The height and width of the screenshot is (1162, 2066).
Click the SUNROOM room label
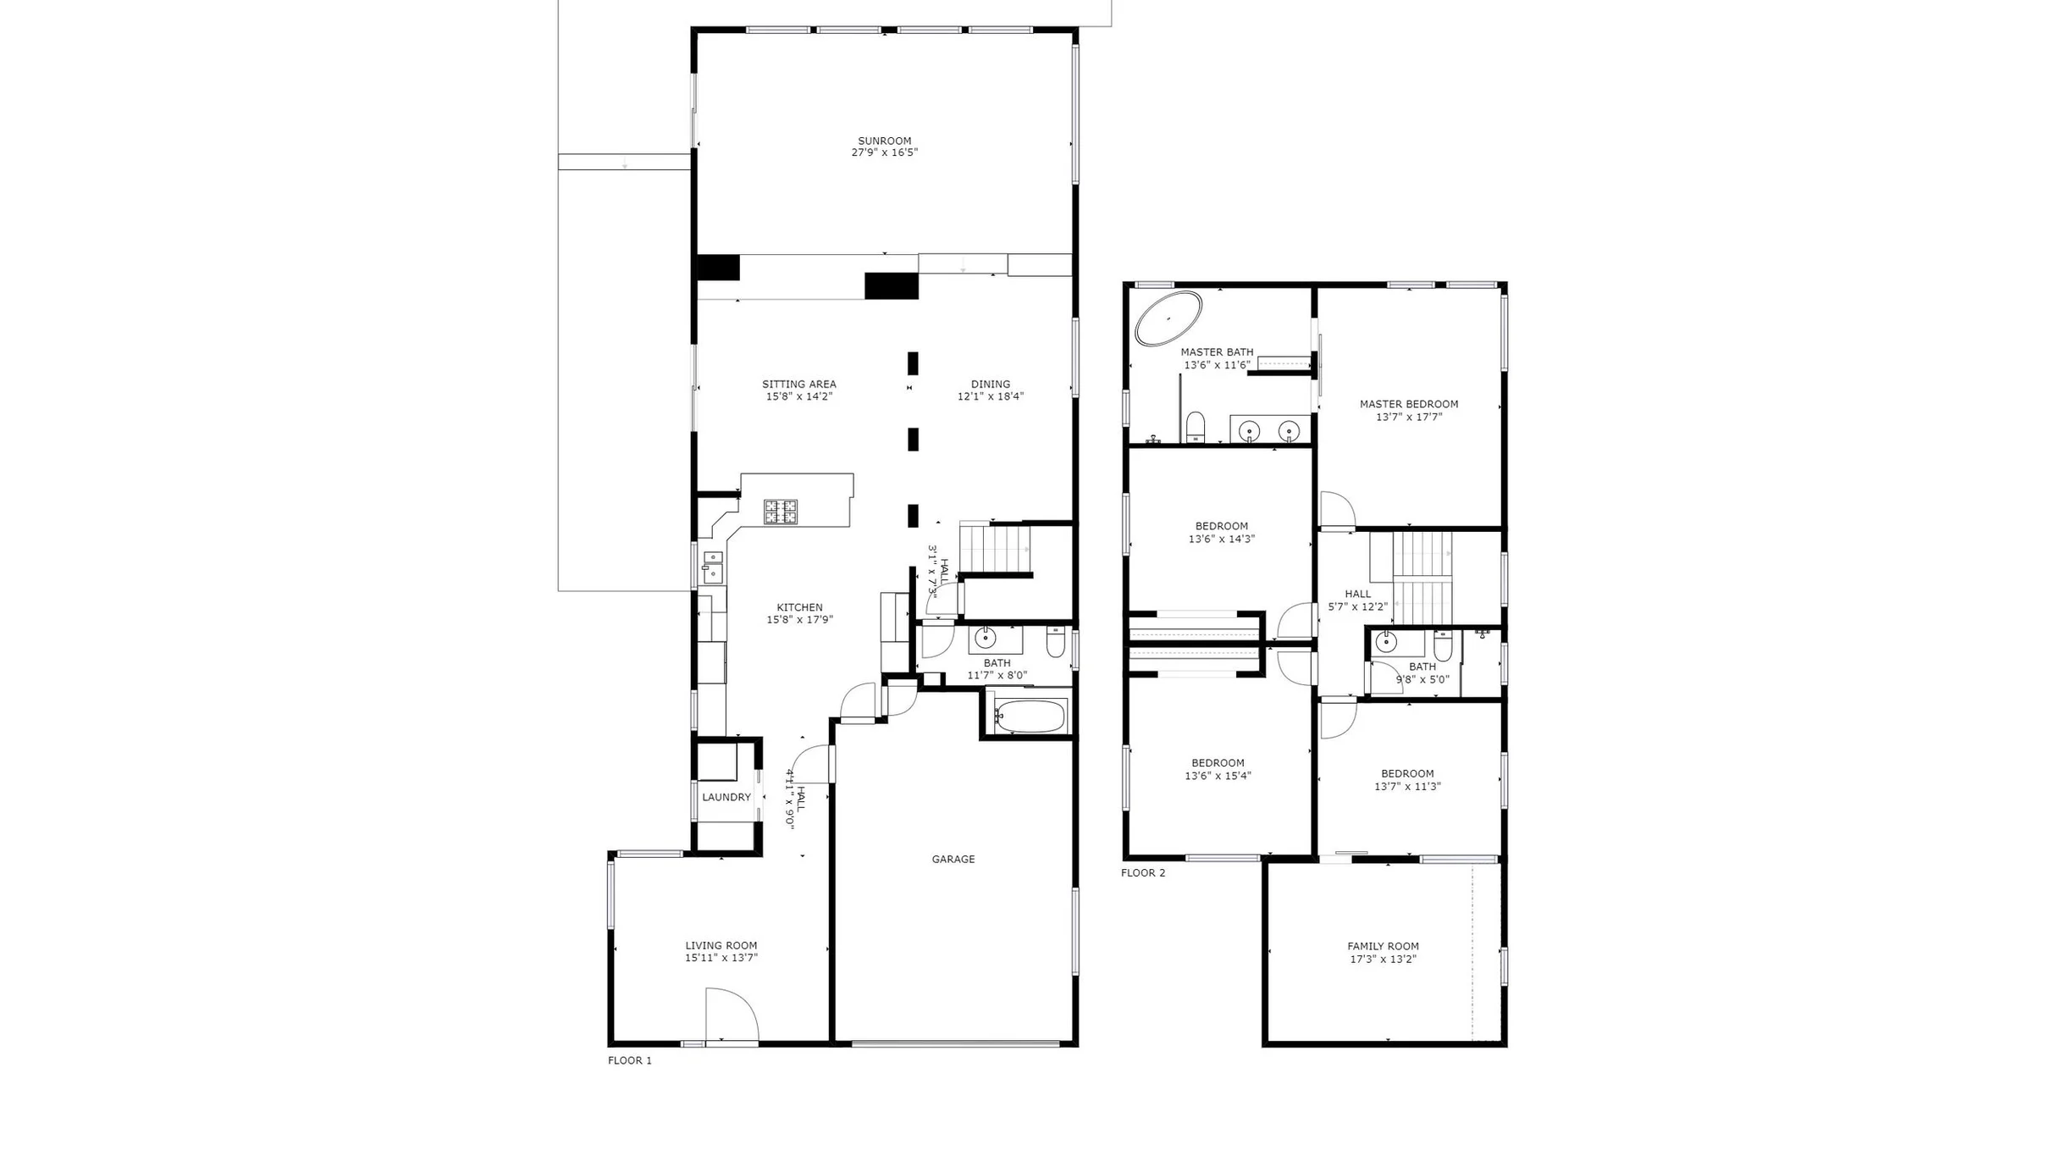[884, 141]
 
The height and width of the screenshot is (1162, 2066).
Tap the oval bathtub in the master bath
[1168, 318]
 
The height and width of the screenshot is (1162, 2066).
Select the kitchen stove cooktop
[780, 512]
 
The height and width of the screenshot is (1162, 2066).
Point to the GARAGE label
[953, 859]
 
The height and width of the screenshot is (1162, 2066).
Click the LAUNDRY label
[726, 797]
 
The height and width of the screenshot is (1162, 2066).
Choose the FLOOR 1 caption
[629, 1060]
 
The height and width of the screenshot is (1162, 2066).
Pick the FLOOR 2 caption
[1142, 872]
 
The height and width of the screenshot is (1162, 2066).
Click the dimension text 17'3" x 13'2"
[1383, 960]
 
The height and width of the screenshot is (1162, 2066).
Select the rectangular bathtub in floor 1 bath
[1030, 716]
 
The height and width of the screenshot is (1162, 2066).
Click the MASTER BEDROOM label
[1409, 404]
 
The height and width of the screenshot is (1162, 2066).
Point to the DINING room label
[991, 384]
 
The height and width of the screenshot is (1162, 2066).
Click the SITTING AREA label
[798, 384]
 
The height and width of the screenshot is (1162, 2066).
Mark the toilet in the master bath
[1195, 427]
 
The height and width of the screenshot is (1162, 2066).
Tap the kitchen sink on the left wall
[712, 567]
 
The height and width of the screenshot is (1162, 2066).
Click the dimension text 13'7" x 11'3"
[1407, 786]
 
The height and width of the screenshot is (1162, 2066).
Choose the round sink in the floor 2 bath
[1385, 641]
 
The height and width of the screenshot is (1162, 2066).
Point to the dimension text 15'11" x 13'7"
[721, 958]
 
